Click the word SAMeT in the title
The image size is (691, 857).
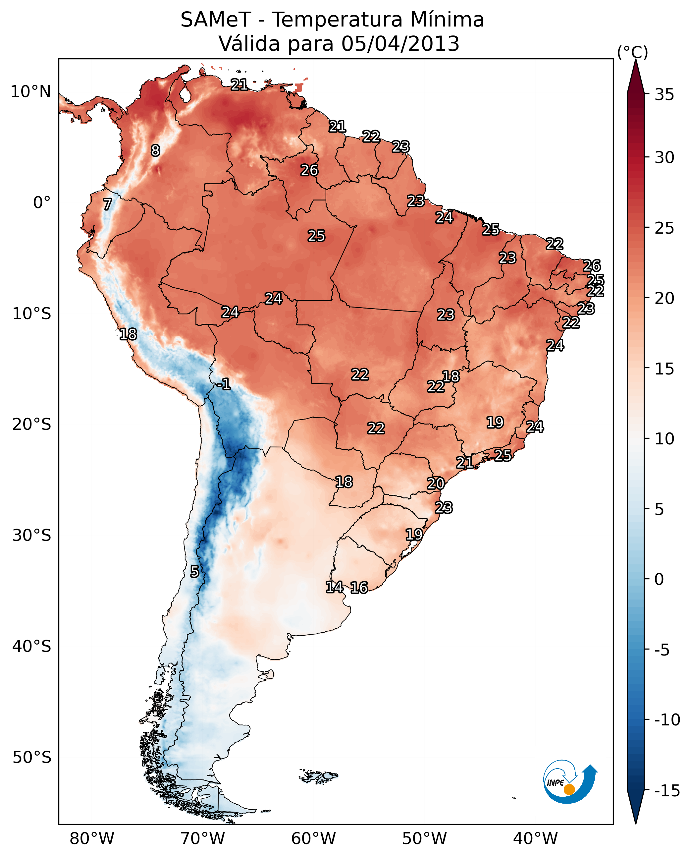tap(215, 20)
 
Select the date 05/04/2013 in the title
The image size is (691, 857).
tap(400, 44)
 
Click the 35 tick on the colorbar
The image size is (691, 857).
tap(664, 95)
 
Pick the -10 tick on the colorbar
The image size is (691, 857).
tap(667, 719)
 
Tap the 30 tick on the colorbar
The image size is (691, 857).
tap(664, 158)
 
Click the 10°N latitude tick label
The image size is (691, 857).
tap(31, 92)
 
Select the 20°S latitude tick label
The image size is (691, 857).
tap(32, 425)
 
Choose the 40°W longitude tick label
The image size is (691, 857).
tap(535, 839)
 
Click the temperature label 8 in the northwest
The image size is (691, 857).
tap(155, 150)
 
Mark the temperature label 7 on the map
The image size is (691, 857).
tap(107, 204)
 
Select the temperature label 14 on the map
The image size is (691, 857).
tap(334, 587)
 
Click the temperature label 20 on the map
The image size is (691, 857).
tap(435, 484)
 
